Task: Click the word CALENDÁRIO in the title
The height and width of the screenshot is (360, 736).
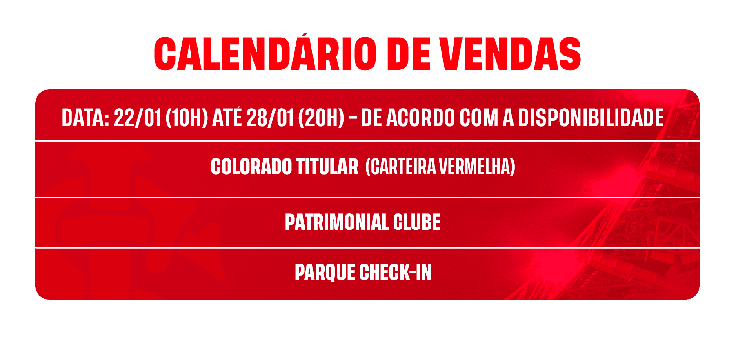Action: tap(265, 53)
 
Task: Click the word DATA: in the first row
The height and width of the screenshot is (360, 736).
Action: tap(85, 118)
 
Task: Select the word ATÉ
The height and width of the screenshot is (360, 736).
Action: tap(227, 117)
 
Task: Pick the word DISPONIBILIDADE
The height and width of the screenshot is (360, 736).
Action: tap(591, 118)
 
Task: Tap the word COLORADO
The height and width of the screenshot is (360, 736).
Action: tap(251, 167)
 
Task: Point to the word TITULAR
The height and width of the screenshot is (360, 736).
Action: tap(327, 167)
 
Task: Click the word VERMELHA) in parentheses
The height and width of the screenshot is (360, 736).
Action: tap(477, 167)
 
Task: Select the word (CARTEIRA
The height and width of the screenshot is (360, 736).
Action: tap(401, 167)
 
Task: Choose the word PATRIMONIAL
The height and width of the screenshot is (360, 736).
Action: tap(337, 222)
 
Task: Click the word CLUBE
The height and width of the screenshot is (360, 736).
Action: tap(417, 222)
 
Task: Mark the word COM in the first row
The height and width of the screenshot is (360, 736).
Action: tap(478, 118)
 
